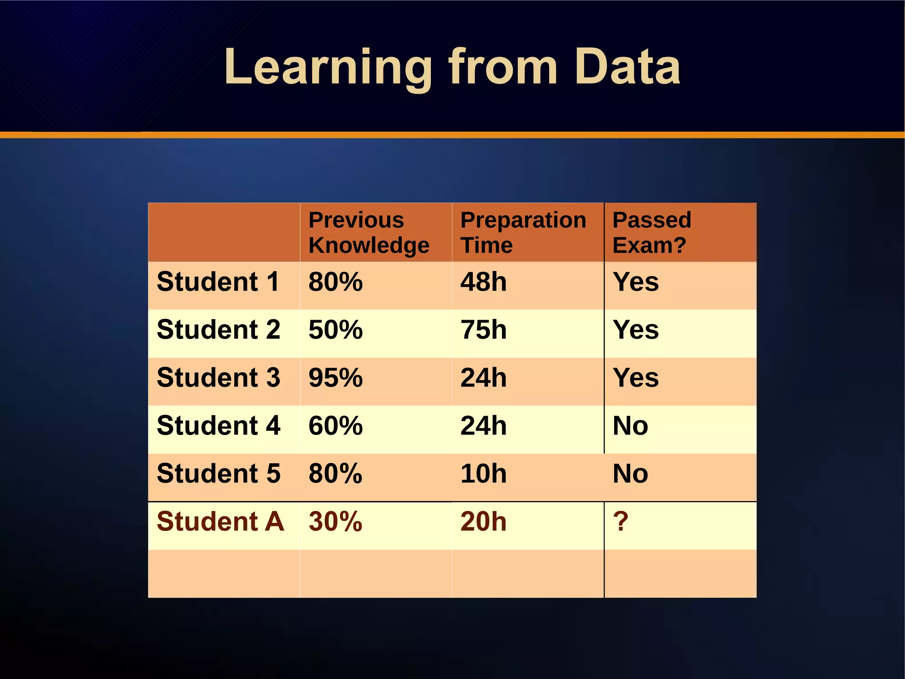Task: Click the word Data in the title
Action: (627, 68)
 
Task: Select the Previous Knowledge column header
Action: (369, 233)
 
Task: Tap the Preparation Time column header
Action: (523, 233)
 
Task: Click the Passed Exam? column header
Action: (651, 233)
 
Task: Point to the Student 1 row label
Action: (218, 282)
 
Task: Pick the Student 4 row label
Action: (218, 426)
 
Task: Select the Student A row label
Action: (220, 522)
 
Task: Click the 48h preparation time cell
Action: (483, 282)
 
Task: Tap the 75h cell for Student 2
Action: (483, 330)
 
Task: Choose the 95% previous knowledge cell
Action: (335, 378)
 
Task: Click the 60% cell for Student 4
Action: (335, 426)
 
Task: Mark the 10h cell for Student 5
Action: (483, 474)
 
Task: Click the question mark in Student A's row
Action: (620, 522)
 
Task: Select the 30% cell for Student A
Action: (335, 522)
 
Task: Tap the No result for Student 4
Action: (630, 426)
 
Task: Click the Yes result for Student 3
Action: (635, 378)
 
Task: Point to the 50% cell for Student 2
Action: (335, 330)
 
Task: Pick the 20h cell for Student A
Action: (483, 522)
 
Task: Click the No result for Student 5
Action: (630, 474)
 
